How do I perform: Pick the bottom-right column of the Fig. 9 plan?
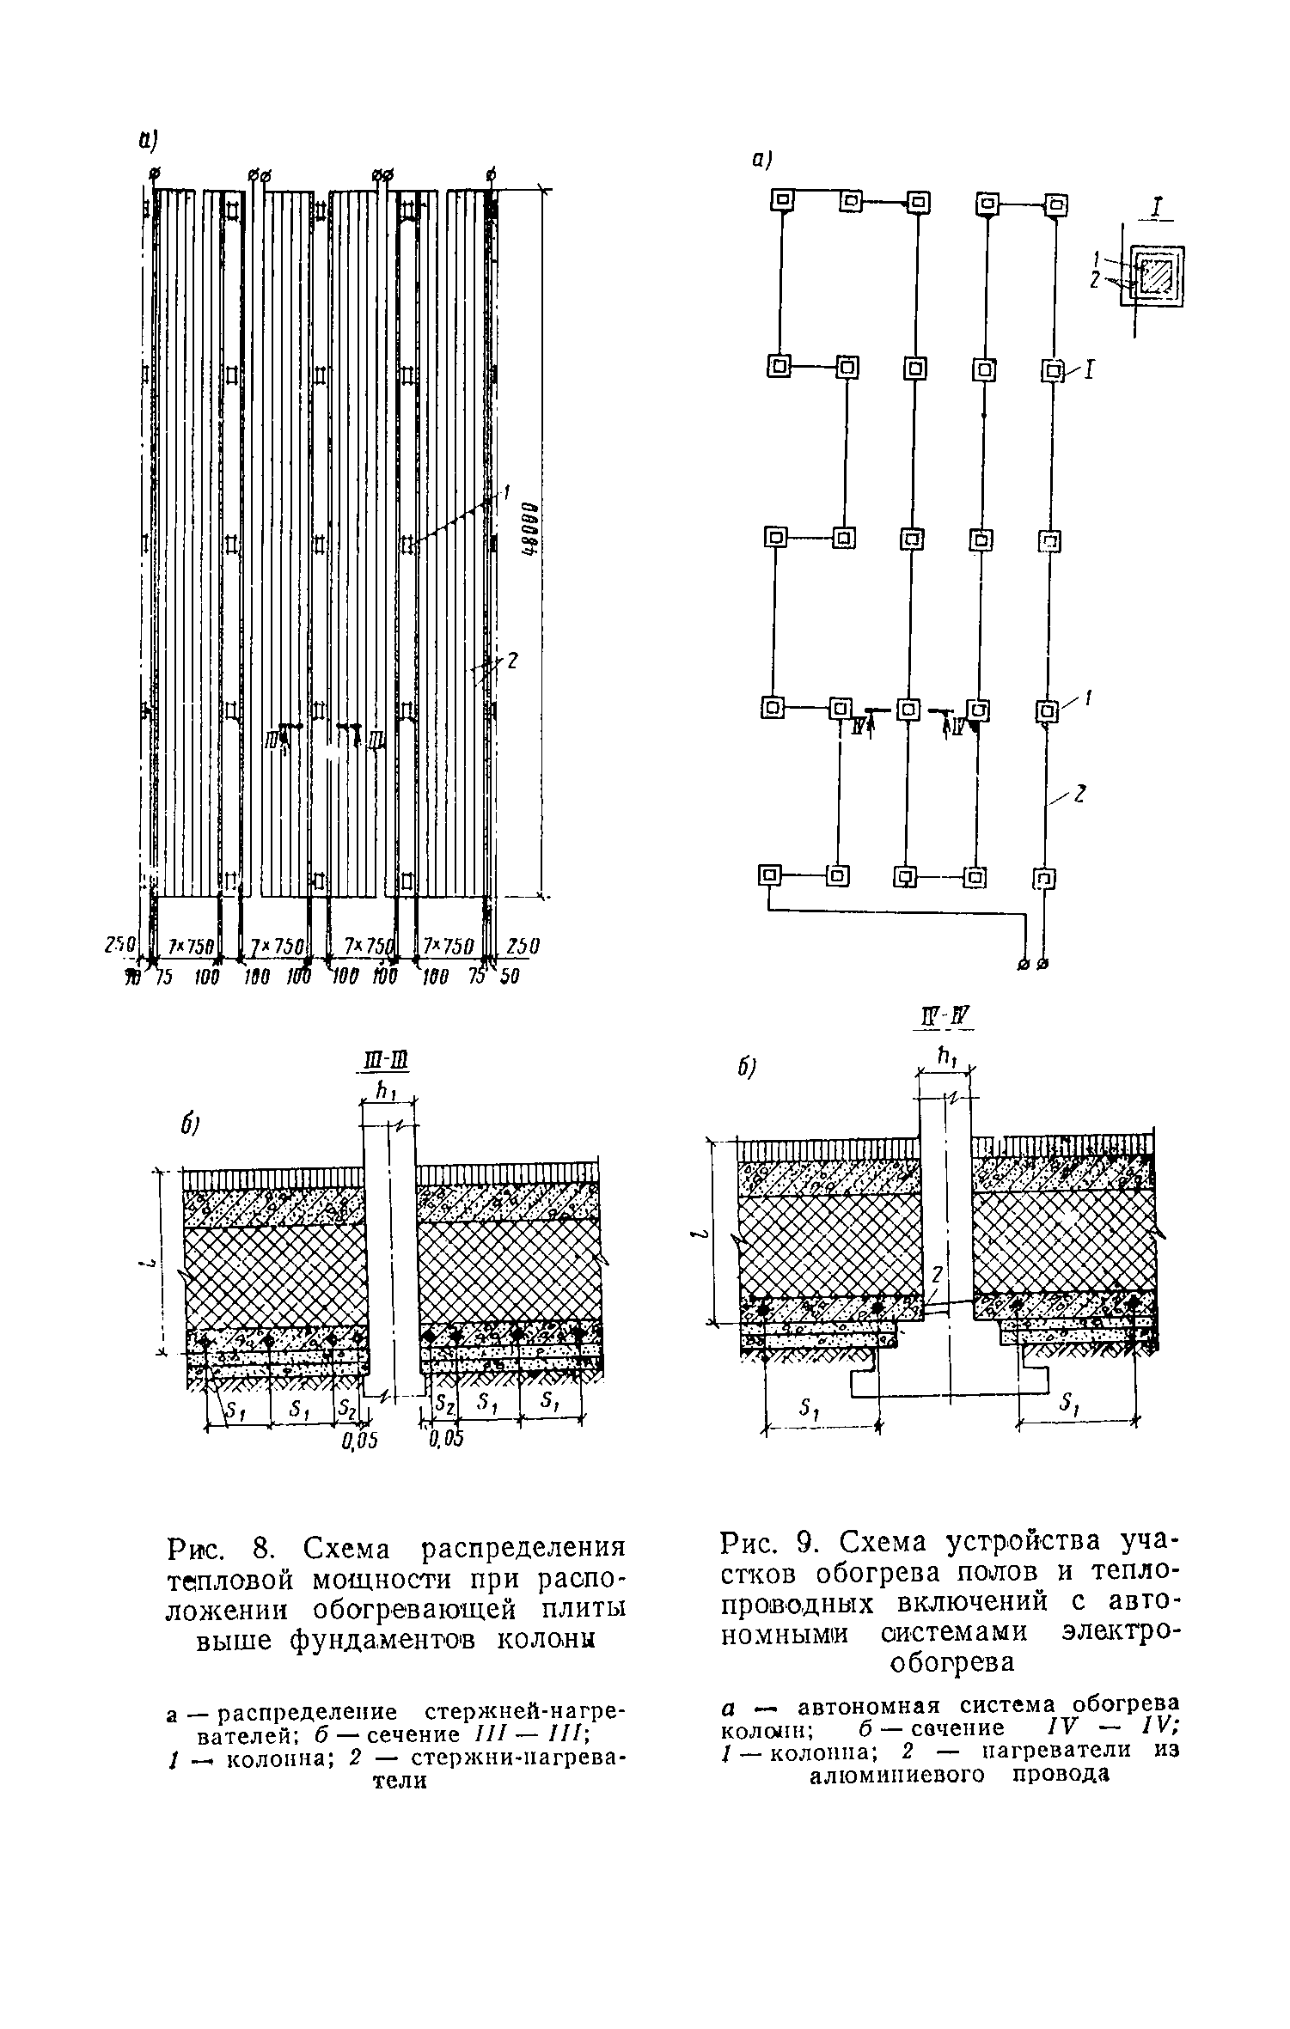(1043, 878)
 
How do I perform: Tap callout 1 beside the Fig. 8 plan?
(508, 493)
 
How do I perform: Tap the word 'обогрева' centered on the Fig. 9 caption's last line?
(952, 1662)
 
